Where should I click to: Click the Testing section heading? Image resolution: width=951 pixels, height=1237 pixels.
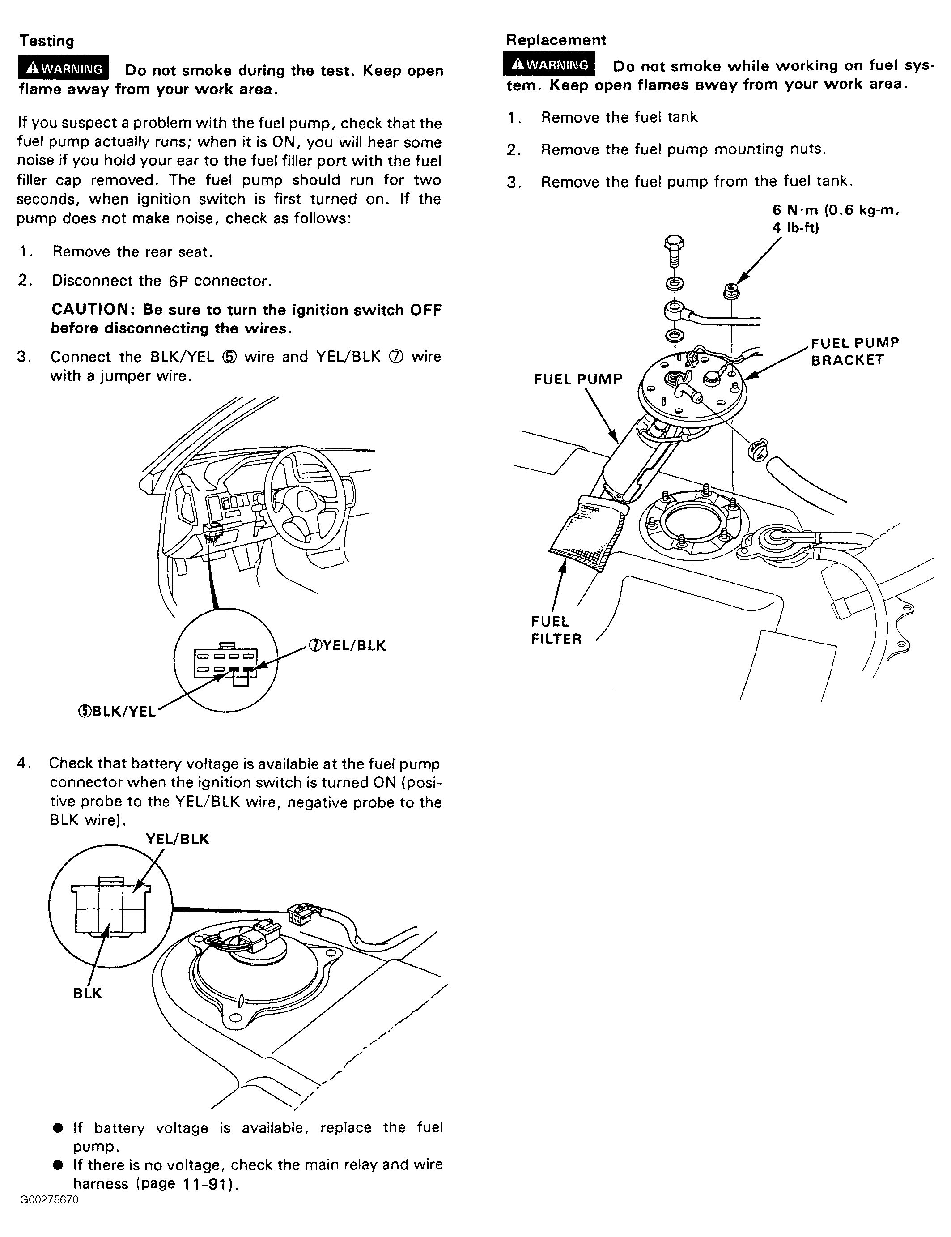[47, 41]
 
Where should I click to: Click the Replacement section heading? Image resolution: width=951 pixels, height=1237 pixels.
[556, 40]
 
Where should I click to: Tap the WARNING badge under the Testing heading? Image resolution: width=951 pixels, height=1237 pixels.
[64, 68]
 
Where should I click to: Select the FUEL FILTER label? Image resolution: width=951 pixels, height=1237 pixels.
[556, 630]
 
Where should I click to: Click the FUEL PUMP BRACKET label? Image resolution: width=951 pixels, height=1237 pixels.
[855, 351]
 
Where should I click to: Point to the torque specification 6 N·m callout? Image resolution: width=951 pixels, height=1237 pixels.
[836, 219]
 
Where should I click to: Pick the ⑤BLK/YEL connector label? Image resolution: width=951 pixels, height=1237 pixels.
[117, 712]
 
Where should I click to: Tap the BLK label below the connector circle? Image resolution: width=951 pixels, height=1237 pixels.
[87, 993]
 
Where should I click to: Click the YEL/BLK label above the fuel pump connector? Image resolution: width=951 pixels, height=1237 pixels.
[177, 839]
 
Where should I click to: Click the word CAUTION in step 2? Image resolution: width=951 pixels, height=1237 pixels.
[90, 309]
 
